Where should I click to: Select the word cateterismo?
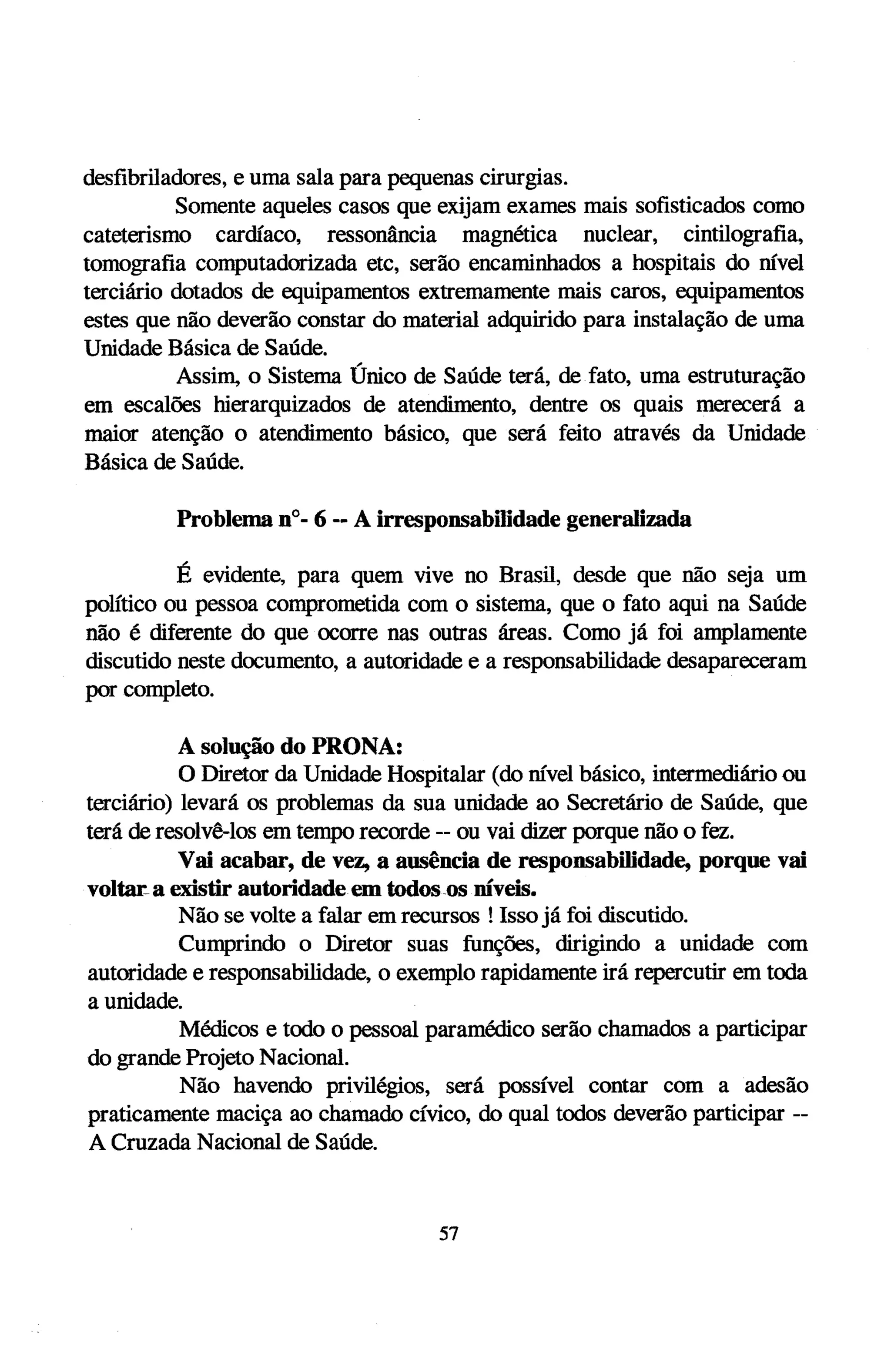(x=137, y=235)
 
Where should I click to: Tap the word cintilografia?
(x=735, y=235)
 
